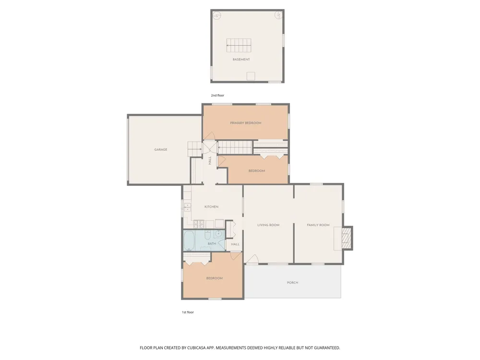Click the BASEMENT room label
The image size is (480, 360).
[241, 60]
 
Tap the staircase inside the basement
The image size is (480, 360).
[239, 45]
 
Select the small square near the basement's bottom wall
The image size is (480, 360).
[251, 76]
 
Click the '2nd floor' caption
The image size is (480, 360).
[217, 96]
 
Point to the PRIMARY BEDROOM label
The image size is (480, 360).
[246, 123]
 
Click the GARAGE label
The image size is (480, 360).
[161, 150]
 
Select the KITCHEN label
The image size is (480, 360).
[212, 207]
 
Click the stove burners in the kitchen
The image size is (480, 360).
[199, 224]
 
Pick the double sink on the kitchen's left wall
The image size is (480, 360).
[187, 207]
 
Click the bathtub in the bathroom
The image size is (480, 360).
[189, 240]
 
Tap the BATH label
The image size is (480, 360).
[212, 244]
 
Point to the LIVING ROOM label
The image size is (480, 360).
[268, 225]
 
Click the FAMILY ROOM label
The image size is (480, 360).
[318, 225]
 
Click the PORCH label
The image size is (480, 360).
[293, 283]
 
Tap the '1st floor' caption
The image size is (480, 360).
[188, 312]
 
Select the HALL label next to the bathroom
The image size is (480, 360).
[235, 244]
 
